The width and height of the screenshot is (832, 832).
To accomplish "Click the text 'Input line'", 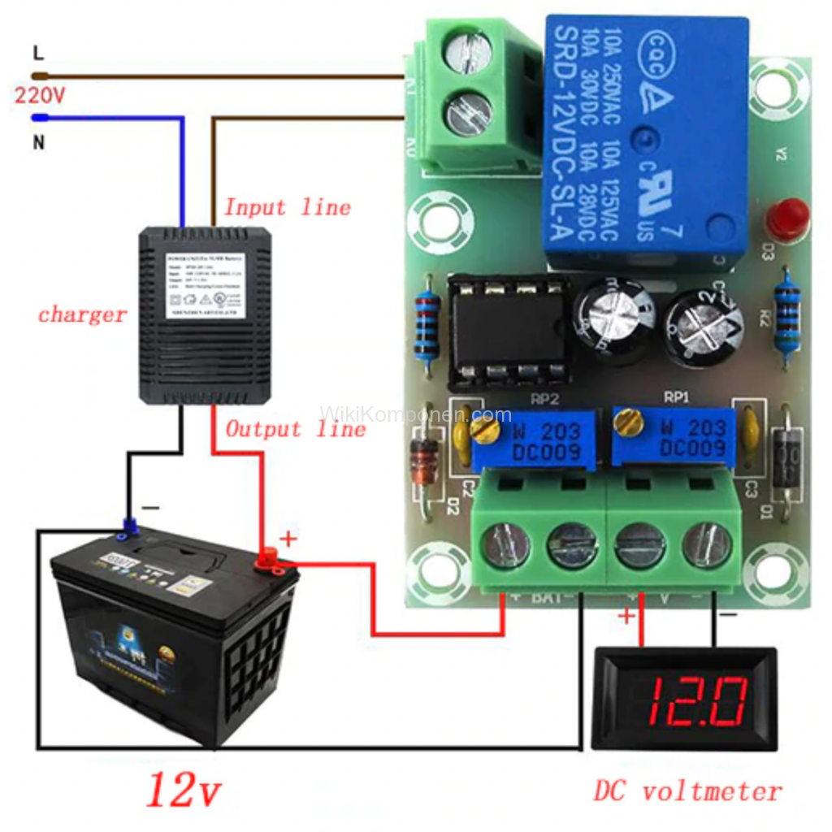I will (288, 207).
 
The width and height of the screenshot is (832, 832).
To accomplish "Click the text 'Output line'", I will (296, 429).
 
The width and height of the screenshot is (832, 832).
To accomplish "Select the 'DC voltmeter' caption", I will (687, 791).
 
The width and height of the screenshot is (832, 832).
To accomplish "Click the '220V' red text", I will (39, 95).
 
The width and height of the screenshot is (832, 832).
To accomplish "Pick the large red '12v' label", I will (184, 789).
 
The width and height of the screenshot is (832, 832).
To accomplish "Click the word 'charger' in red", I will (82, 314).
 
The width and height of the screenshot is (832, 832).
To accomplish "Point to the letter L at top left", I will (38, 54).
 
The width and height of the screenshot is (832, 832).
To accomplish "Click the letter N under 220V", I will (38, 142).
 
